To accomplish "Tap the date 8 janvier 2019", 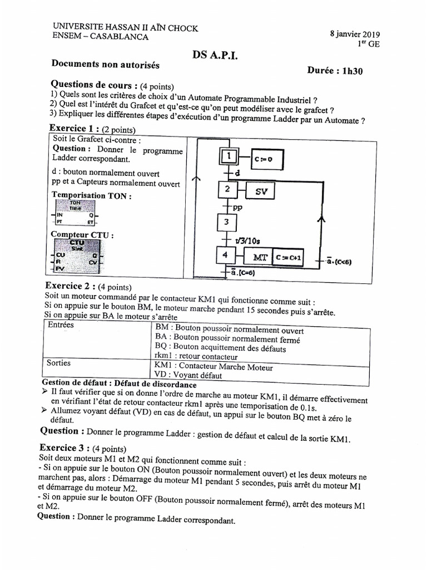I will point(355,34).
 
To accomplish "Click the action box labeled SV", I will point(261,191).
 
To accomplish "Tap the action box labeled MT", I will point(260,258).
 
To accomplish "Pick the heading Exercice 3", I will point(65,448).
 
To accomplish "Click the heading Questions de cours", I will point(94,85).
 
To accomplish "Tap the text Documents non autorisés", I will point(105,65).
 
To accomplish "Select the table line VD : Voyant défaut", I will point(188,375).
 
